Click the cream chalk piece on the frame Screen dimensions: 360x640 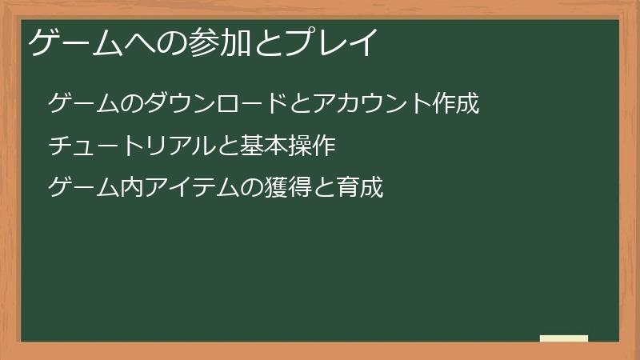tap(563, 338)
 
